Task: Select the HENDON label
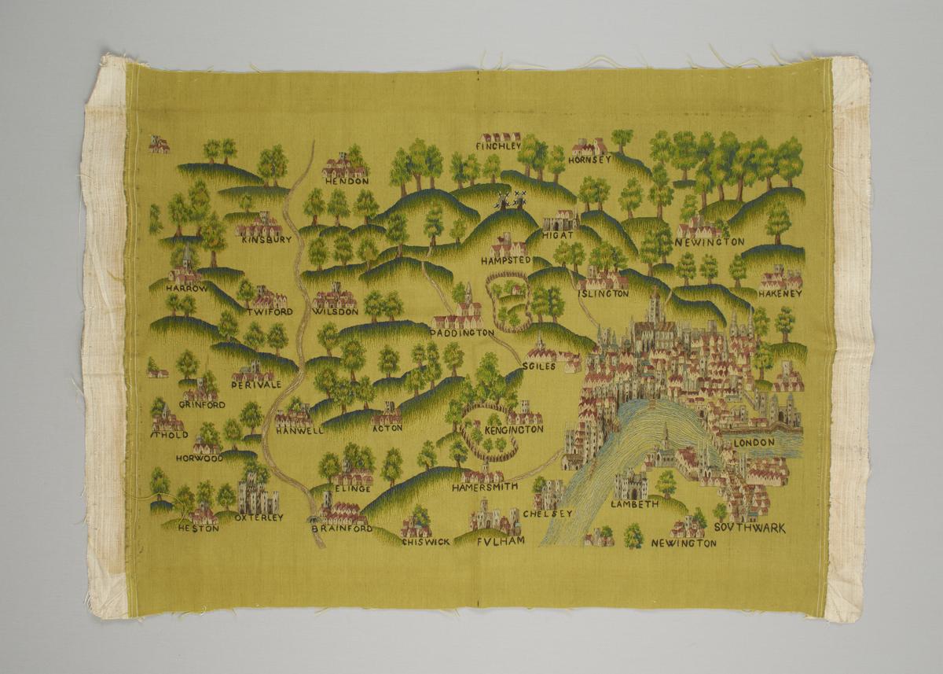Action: tap(347, 181)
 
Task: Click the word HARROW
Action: tap(186, 289)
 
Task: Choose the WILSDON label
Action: tap(336, 311)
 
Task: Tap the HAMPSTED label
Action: tap(507, 260)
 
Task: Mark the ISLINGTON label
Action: tap(604, 293)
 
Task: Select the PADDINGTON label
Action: tap(463, 333)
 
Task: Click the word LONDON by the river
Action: tap(754, 443)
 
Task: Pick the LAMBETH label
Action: tap(634, 504)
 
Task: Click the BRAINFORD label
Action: tap(341, 530)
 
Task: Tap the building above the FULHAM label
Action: tap(493, 519)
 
